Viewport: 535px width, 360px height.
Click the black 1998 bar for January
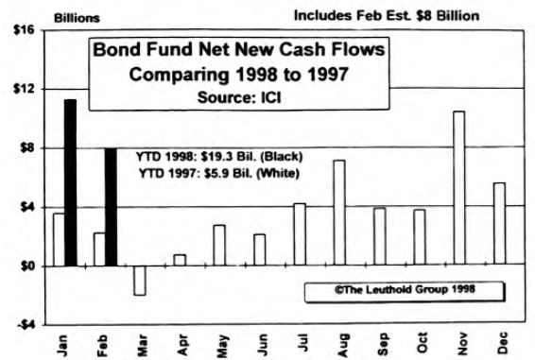tap(70, 182)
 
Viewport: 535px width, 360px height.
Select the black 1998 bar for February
tap(111, 207)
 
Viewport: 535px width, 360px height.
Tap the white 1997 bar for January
tap(59, 240)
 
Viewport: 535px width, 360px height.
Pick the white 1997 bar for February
tap(99, 249)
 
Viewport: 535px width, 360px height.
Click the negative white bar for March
tap(139, 281)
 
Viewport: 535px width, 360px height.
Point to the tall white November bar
tap(458, 189)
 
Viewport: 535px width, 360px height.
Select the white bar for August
tap(338, 213)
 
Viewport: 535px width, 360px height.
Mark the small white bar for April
tap(180, 260)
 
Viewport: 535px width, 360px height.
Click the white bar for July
tap(299, 234)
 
